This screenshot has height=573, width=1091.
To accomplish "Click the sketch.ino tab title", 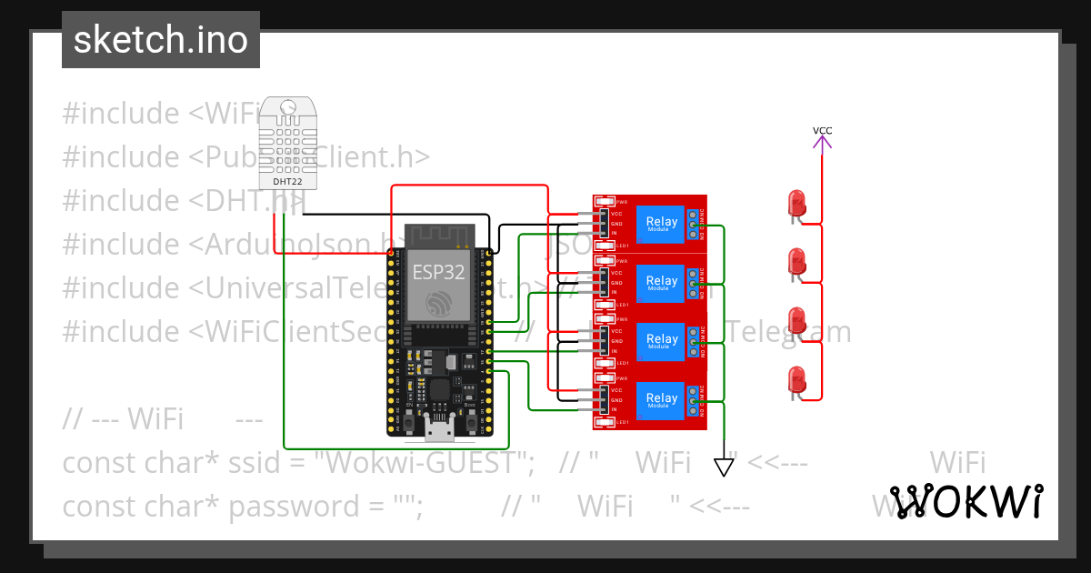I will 161,40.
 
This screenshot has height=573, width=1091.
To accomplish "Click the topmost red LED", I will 797,203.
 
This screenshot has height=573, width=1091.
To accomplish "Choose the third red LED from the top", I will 797,321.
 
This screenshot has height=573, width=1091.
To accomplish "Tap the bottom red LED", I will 797,380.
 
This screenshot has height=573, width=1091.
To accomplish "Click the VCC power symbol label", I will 822,131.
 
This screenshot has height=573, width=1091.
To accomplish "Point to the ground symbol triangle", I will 724,467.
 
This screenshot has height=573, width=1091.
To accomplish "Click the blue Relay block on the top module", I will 661,223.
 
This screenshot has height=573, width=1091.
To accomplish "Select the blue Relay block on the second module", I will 661,282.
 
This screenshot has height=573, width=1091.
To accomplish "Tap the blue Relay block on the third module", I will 661,340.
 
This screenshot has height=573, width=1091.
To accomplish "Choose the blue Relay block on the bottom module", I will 661,399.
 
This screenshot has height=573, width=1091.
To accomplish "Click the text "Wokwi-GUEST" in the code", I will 425,463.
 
